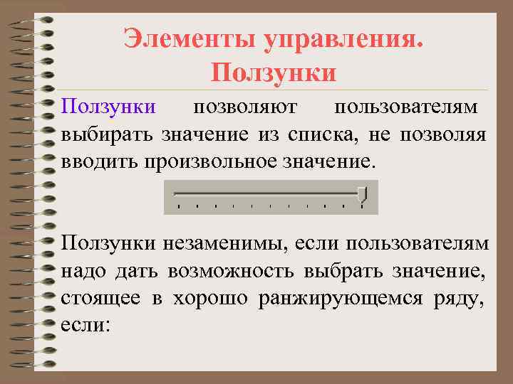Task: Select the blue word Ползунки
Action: (x=108, y=107)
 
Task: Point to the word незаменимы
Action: (x=218, y=244)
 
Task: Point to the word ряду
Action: (x=465, y=298)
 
